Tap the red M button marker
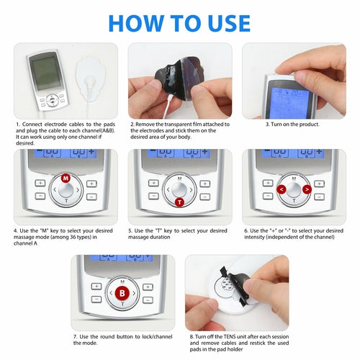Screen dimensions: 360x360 [x=66, y=177]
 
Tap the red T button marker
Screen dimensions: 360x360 [x=179, y=203]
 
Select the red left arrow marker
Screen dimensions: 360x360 [x=281, y=190]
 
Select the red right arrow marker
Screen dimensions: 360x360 [x=306, y=190]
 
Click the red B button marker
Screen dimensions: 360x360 [x=123, y=292]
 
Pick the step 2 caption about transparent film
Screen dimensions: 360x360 [x=179, y=130]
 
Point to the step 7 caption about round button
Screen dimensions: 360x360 [x=122, y=339]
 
